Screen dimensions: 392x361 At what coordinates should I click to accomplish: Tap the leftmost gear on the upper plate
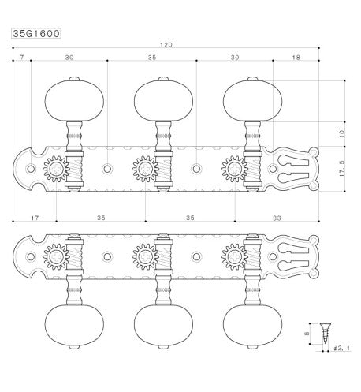(x=55, y=168)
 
